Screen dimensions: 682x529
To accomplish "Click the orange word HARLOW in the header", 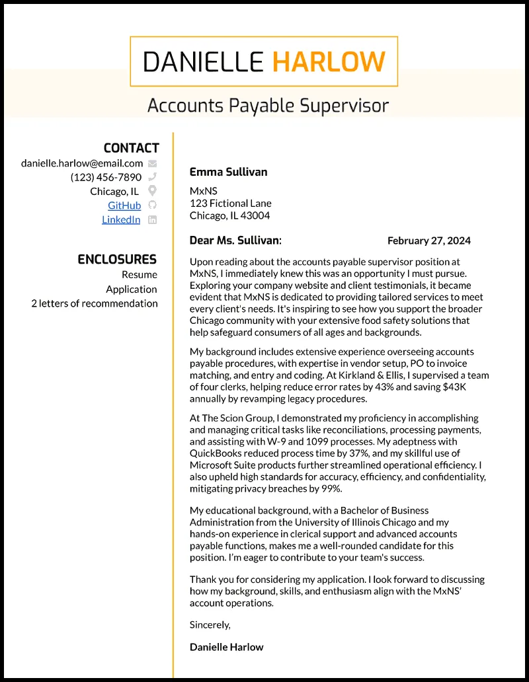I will pyautogui.click(x=329, y=61).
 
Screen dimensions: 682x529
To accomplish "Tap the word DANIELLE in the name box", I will pyautogui.click(x=203, y=61).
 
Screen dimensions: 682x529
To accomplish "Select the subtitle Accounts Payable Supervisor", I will pyautogui.click(x=268, y=105).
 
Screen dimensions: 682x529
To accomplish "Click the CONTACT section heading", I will pyautogui.click(x=131, y=148).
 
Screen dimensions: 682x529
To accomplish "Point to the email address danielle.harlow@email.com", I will pyautogui.click(x=82, y=163).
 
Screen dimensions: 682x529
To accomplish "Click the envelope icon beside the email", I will pyautogui.click(x=153, y=163).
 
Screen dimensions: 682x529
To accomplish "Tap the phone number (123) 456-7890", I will pyautogui.click(x=106, y=177).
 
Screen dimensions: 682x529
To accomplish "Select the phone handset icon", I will pyautogui.click(x=153, y=177).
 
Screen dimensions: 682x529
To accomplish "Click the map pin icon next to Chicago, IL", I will pyautogui.click(x=153, y=192).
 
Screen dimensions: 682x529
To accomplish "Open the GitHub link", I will pyautogui.click(x=124, y=206).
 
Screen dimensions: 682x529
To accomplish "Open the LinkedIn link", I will pyautogui.click(x=121, y=219).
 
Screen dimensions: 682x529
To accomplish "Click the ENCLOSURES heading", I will pyautogui.click(x=117, y=259).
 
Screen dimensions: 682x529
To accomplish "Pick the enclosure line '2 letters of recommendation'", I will pyautogui.click(x=95, y=303).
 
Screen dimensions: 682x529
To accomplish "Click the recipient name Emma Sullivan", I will pyautogui.click(x=228, y=172).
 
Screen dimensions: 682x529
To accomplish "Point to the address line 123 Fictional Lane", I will pyautogui.click(x=230, y=203).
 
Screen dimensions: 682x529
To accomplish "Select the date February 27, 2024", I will pyautogui.click(x=429, y=241).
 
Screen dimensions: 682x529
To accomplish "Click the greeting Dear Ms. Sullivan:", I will pyautogui.click(x=235, y=241).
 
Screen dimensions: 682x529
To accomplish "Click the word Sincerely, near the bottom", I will pyautogui.click(x=210, y=625).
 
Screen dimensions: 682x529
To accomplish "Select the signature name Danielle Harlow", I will pyautogui.click(x=226, y=647).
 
